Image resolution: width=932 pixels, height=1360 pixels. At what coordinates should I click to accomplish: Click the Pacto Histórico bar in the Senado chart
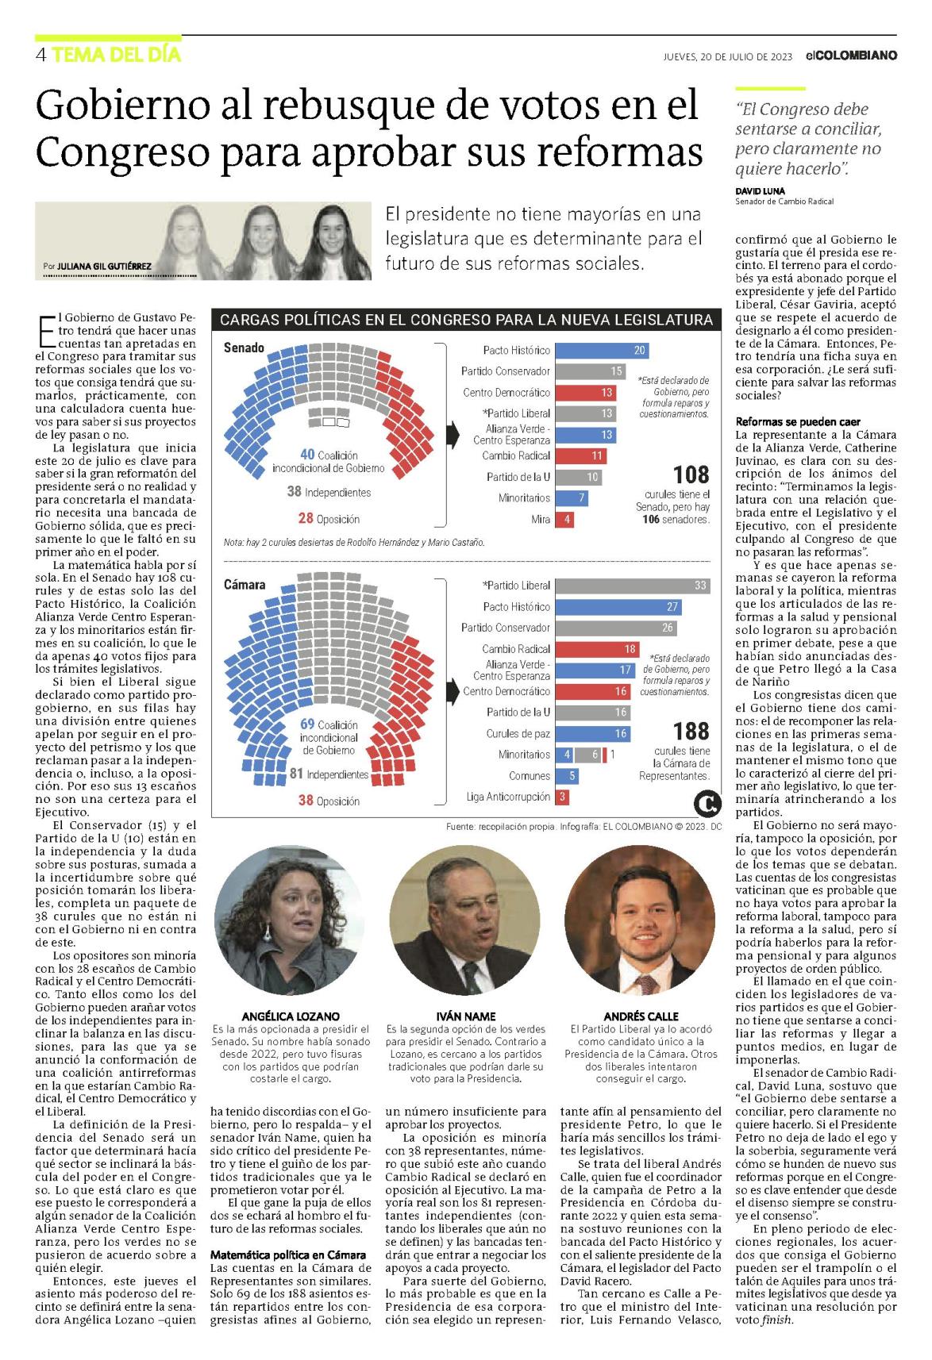602,351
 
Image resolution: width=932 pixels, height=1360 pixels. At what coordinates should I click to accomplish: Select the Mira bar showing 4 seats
564,519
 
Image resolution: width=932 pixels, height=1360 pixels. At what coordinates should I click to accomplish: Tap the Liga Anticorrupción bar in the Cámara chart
562,797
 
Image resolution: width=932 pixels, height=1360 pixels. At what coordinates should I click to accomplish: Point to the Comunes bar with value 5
567,775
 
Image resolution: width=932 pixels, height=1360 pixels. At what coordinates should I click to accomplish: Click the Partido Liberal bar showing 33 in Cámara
633,586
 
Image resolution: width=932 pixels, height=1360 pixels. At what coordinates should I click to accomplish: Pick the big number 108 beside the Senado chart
691,474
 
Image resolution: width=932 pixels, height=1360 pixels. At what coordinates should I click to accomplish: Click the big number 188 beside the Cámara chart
691,731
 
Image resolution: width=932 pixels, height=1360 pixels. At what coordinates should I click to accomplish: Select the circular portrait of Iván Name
465,921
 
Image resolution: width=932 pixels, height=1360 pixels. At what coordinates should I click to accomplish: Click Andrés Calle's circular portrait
641,921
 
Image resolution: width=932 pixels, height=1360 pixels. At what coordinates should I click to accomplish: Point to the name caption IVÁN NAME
465,1016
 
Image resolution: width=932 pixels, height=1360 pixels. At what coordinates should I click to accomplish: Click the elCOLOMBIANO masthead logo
851,56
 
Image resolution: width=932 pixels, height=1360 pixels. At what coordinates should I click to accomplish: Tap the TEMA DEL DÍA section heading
117,56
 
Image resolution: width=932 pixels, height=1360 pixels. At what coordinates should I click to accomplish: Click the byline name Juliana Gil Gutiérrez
104,266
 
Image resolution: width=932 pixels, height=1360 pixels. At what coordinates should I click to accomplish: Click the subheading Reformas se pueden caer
798,421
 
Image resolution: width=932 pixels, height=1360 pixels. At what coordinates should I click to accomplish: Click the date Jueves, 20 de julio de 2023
728,56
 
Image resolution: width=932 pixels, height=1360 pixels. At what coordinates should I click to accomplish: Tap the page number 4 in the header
40,56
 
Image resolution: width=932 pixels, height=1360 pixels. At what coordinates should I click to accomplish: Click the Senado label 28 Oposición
329,518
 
